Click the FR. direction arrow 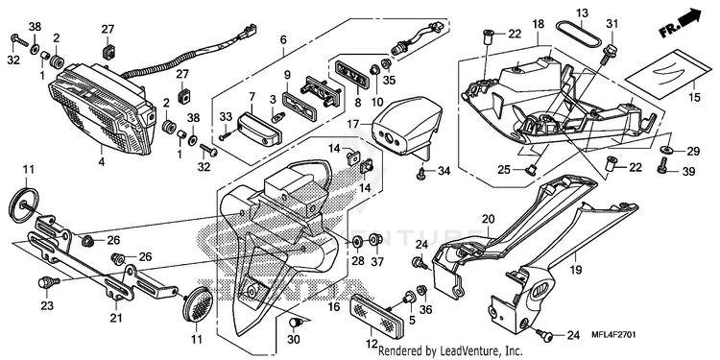tap(681, 24)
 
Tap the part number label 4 tap(101, 161)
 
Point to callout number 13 tap(583, 12)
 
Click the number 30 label tap(294, 340)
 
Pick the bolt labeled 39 tap(662, 166)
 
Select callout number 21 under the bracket tap(116, 318)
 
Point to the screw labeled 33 tap(226, 136)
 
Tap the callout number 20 tap(487, 220)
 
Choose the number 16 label tap(334, 307)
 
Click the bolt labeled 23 tap(47, 282)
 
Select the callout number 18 tap(538, 24)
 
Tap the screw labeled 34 tap(420, 172)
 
